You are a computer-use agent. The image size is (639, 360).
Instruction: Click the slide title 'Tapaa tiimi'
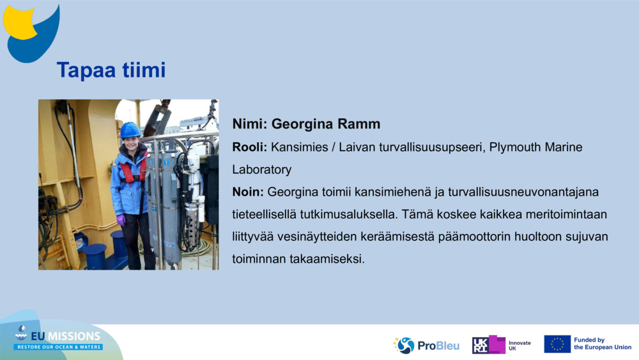pos(111,70)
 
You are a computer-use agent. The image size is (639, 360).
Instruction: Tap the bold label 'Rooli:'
pos(250,147)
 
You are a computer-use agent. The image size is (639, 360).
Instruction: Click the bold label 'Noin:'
pos(248,192)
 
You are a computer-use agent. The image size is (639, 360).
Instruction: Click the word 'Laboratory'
pos(261,169)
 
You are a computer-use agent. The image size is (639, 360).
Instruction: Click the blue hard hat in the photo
pos(130,130)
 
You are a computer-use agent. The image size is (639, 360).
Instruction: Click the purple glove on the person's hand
pos(121,219)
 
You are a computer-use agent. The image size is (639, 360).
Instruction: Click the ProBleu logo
pos(426,345)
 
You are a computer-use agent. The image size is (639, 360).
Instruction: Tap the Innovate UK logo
pos(502,345)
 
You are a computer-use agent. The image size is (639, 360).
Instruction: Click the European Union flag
pos(557,344)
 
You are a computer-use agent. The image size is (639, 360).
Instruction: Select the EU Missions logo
pos(58,339)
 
